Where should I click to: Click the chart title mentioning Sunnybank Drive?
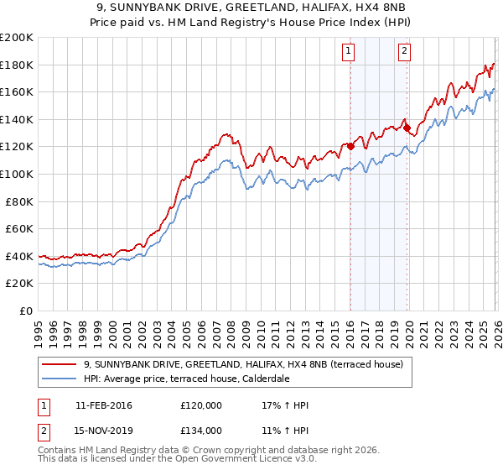tap(251, 7)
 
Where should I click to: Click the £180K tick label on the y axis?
tap(17, 65)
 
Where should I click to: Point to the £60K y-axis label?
tap(19, 228)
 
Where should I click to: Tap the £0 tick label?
tap(25, 311)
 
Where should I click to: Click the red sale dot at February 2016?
tap(350, 146)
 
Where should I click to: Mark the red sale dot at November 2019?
tap(407, 128)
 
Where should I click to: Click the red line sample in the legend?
tap(61, 364)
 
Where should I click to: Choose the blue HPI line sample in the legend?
tap(61, 379)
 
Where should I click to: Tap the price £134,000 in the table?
tap(200, 430)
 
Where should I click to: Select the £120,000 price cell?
tap(200, 405)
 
